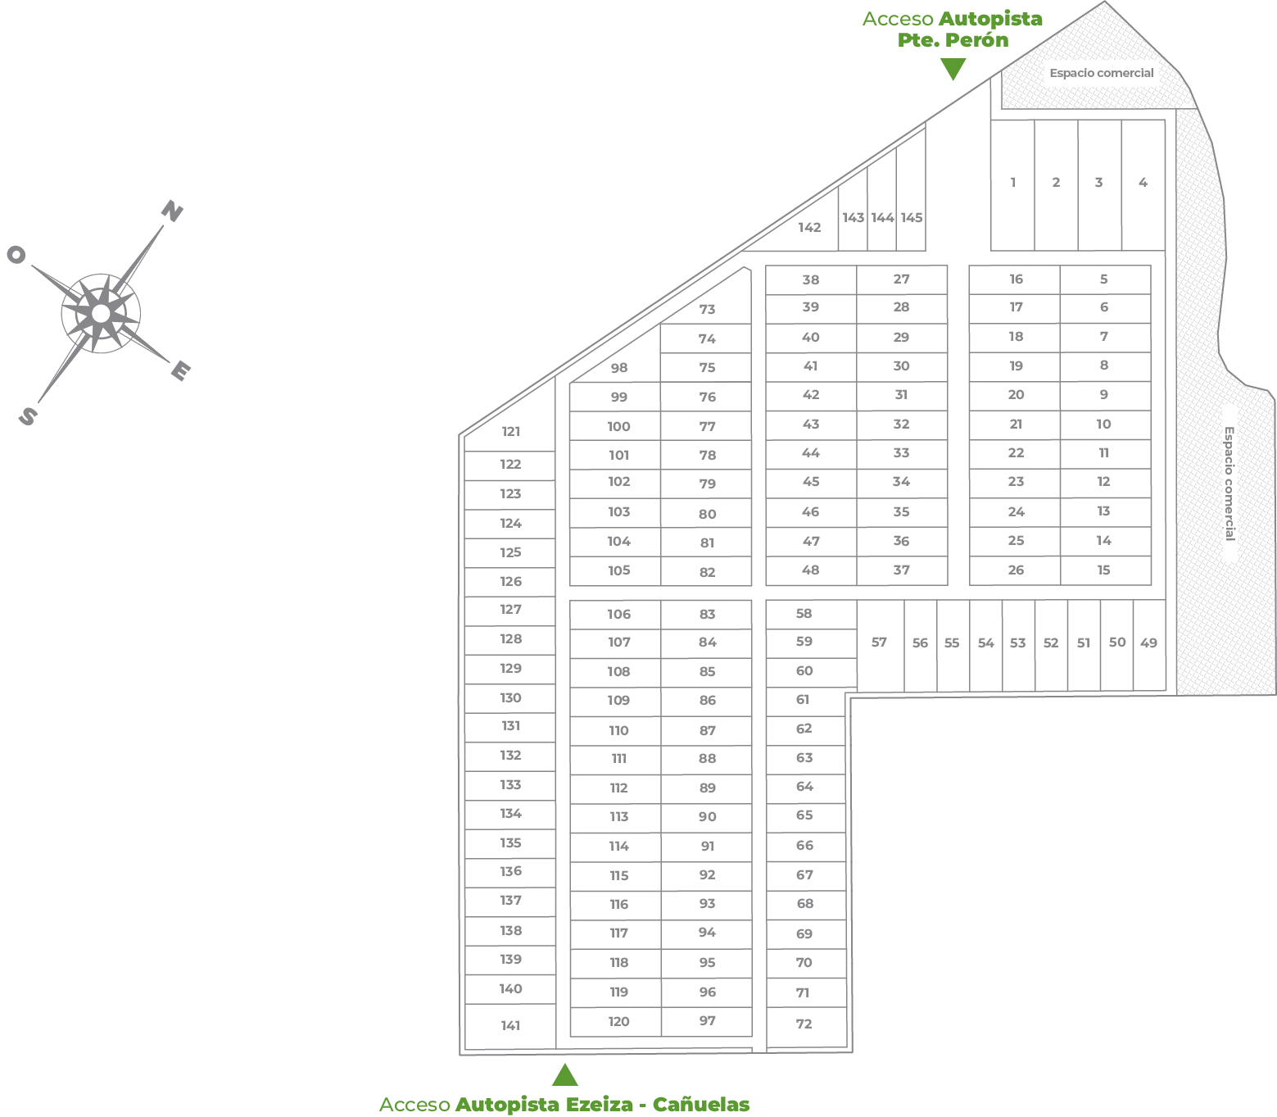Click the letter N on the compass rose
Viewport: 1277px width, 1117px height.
click(x=172, y=211)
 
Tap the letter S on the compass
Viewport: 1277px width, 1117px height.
click(x=28, y=416)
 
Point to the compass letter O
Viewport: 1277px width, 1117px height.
click(x=16, y=255)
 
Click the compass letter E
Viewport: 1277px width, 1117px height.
click(x=180, y=371)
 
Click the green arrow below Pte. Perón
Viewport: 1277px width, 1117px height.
click(x=953, y=70)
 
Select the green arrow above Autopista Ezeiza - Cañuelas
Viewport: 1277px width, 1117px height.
click(x=564, y=1074)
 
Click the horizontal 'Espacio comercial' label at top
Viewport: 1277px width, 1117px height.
click(x=1101, y=73)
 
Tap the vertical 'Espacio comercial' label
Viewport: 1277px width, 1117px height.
click(x=1229, y=483)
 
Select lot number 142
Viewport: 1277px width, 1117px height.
click(x=809, y=227)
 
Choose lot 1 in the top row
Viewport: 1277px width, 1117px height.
click(x=1013, y=182)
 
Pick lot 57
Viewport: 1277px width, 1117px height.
click(x=879, y=643)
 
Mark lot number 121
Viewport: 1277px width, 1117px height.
click(x=510, y=431)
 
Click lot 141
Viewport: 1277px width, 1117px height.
click(x=510, y=1025)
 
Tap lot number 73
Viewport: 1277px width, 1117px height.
click(x=707, y=309)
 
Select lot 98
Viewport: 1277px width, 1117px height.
click(x=619, y=368)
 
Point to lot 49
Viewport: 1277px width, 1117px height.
click(x=1148, y=643)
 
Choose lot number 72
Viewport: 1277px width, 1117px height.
click(x=804, y=1024)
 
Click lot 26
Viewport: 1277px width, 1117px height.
click(x=1016, y=570)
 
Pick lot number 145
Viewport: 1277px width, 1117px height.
click(x=911, y=217)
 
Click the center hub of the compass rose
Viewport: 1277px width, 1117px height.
click(x=101, y=313)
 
